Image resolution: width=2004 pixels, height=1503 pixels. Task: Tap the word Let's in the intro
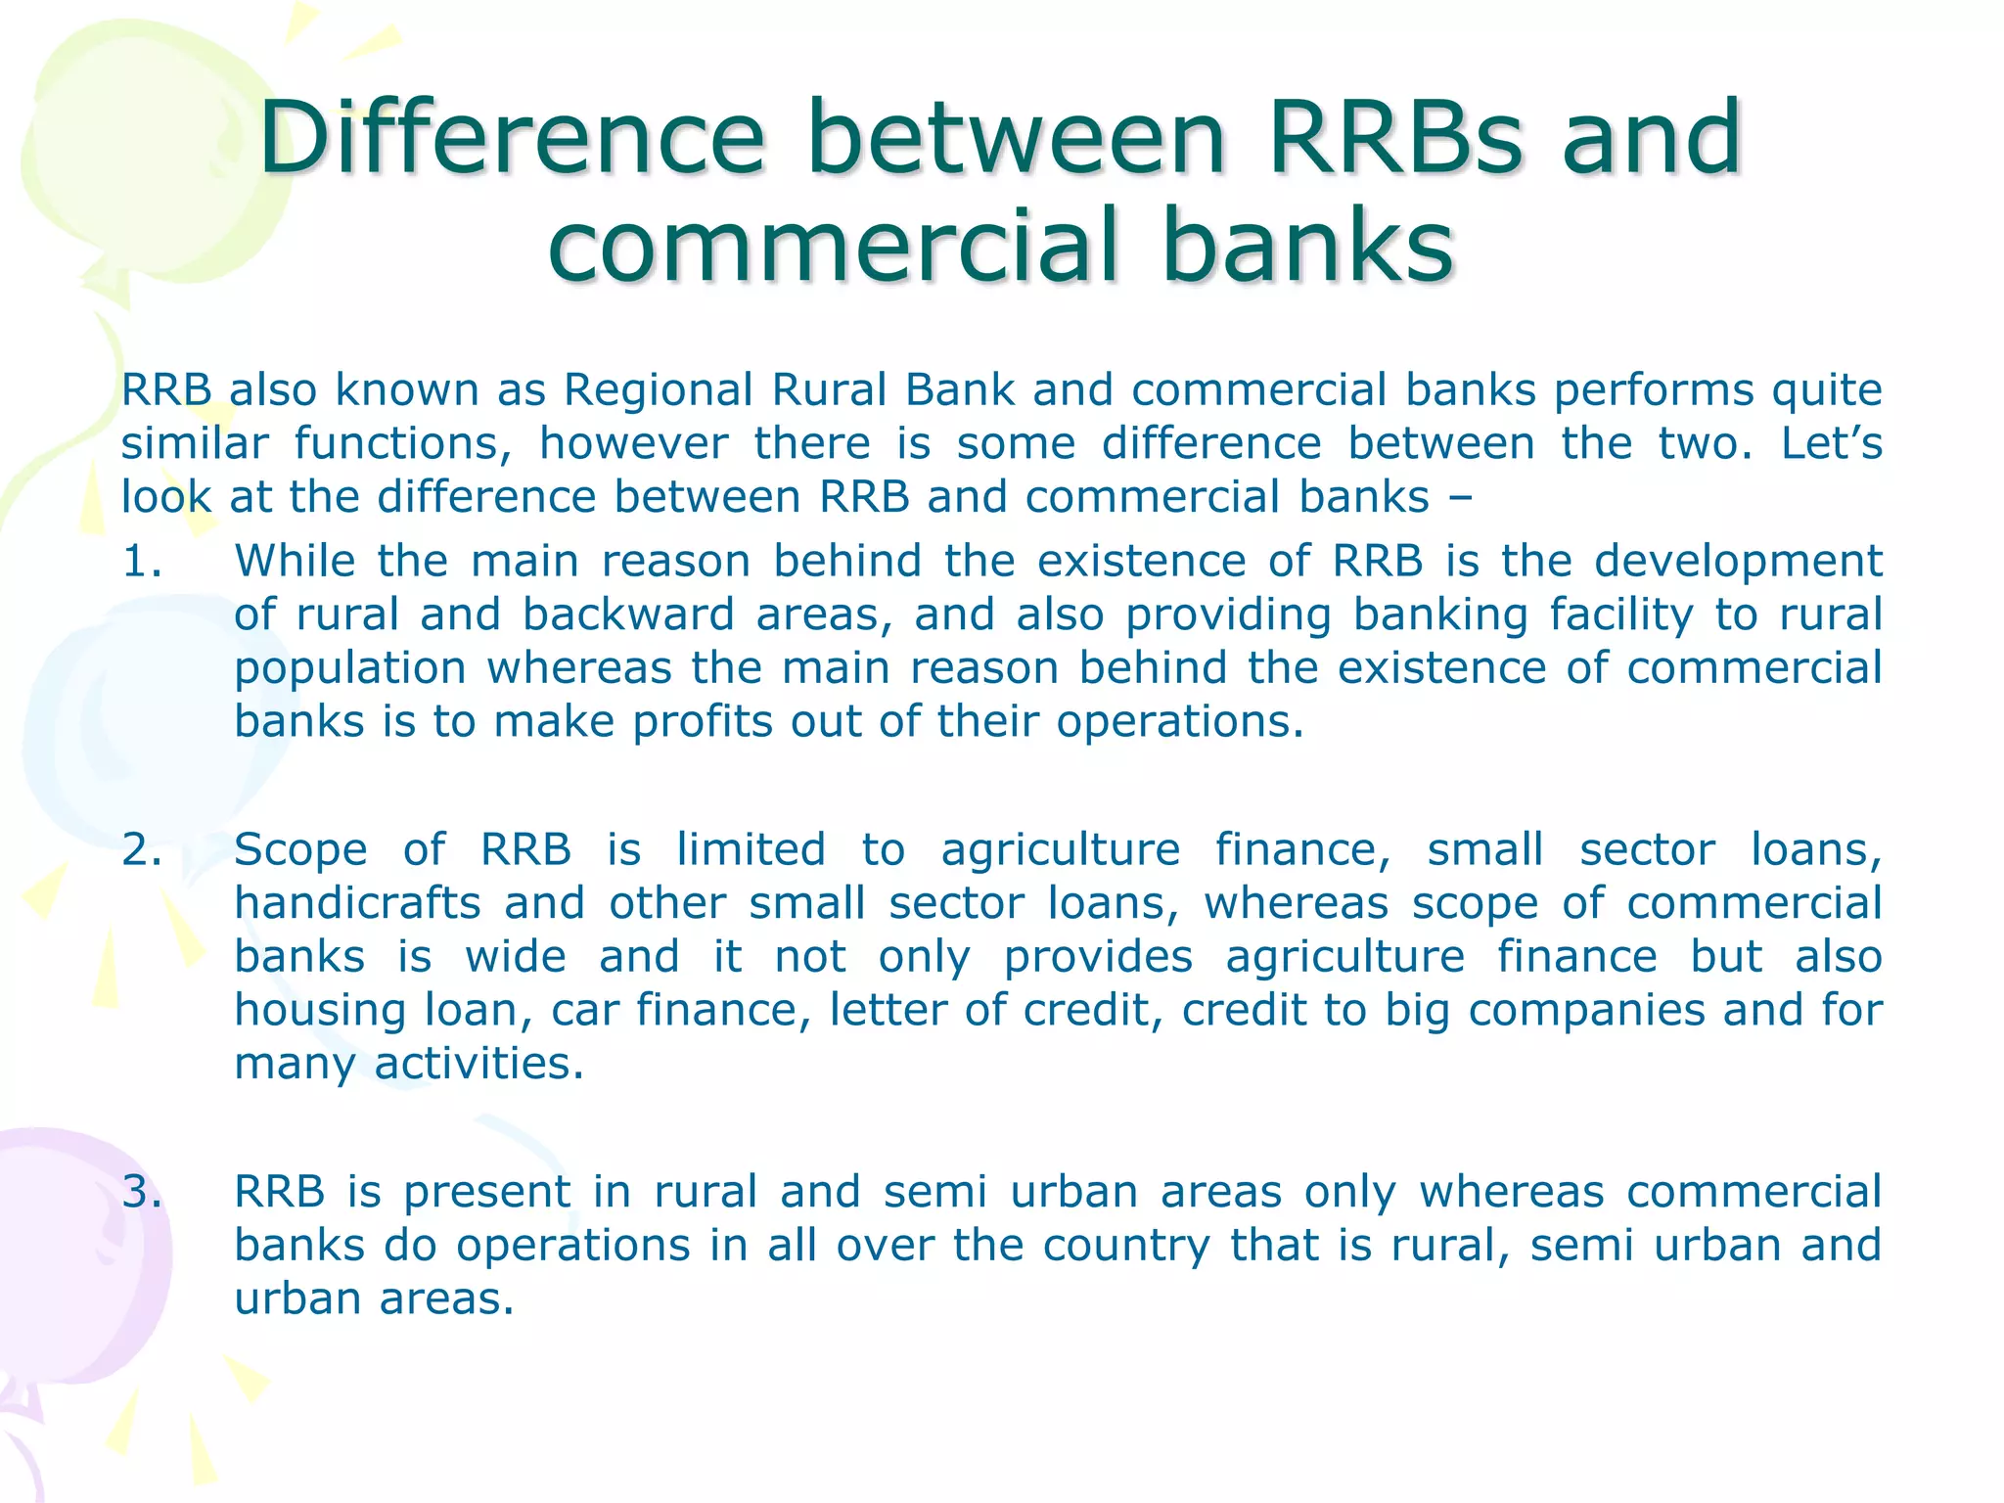click(x=1831, y=443)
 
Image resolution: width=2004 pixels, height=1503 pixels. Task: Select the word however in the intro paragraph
click(x=633, y=443)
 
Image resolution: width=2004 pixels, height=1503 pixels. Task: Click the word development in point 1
click(x=1738, y=562)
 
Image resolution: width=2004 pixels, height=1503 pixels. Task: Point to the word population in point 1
click(x=349, y=669)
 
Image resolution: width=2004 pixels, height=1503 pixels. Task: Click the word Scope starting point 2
click(x=300, y=849)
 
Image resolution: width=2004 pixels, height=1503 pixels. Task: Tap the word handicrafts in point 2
click(x=357, y=903)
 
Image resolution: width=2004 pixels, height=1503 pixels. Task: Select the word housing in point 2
click(x=319, y=1011)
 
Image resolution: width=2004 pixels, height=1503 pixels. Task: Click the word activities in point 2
click(x=478, y=1064)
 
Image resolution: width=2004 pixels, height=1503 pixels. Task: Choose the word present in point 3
click(x=486, y=1192)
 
